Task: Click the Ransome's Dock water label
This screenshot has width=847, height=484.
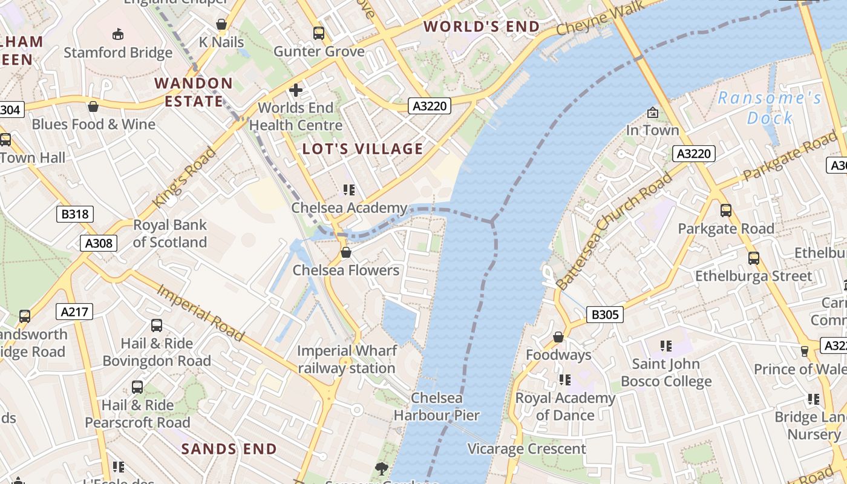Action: [770, 108]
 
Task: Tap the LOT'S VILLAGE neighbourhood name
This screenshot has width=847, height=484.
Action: [362, 149]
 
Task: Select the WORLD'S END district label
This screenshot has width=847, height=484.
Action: [482, 27]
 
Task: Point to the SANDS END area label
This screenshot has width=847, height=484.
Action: [229, 449]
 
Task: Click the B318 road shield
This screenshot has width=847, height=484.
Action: [75, 214]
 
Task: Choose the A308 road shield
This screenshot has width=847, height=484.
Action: [98, 243]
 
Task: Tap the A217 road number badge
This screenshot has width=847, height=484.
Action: [75, 312]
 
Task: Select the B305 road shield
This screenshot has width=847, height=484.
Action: [604, 315]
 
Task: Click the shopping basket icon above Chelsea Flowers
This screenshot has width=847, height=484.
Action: [346, 252]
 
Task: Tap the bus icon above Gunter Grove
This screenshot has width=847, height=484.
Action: [319, 33]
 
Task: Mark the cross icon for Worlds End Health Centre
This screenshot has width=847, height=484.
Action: [296, 90]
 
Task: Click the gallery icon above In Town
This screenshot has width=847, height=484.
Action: [652, 113]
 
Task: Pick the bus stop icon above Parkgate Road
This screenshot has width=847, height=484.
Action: [725, 211]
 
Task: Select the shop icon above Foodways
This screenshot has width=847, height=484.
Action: [558, 337]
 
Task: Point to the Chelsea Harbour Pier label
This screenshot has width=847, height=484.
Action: [436, 407]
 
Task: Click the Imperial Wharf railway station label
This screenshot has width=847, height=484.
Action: [347, 359]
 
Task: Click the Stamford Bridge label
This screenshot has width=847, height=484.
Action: [118, 53]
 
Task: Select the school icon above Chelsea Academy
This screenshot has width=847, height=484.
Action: [348, 190]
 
